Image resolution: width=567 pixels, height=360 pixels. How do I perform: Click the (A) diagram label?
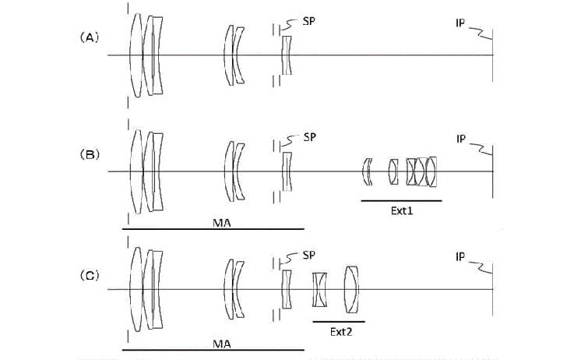pos(90,37)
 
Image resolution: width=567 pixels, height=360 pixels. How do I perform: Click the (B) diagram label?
pos(90,154)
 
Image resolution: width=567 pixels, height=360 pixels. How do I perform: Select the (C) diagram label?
pos(90,276)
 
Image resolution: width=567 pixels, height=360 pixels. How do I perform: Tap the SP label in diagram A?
pos(308,21)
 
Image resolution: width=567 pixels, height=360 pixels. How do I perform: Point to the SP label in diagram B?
pos(309,137)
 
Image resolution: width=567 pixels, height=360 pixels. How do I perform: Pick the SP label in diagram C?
pos(308,255)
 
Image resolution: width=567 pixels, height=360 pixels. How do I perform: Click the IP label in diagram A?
pos(460,23)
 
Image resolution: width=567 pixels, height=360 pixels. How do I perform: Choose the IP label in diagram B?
pos(461,139)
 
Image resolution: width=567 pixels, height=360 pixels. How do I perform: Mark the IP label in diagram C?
pos(460,257)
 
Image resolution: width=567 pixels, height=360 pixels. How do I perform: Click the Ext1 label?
pos(402,211)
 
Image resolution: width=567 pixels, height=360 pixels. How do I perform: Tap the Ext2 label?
pos(341,332)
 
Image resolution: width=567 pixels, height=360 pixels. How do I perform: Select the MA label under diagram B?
pos(222,223)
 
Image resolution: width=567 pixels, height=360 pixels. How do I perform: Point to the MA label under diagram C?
pos(222,344)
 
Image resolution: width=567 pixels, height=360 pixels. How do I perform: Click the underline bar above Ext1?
pos(401,200)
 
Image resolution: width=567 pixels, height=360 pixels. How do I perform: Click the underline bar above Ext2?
pos(339,321)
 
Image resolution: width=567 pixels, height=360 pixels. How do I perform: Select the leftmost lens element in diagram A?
pos(136,55)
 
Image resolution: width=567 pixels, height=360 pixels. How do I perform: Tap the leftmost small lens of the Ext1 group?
pos(368,171)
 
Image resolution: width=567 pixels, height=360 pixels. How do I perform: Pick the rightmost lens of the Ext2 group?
pos(351,289)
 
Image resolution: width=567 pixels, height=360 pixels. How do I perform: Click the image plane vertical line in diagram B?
pos(492,171)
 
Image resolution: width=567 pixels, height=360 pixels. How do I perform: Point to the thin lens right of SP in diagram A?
pos(287,55)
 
